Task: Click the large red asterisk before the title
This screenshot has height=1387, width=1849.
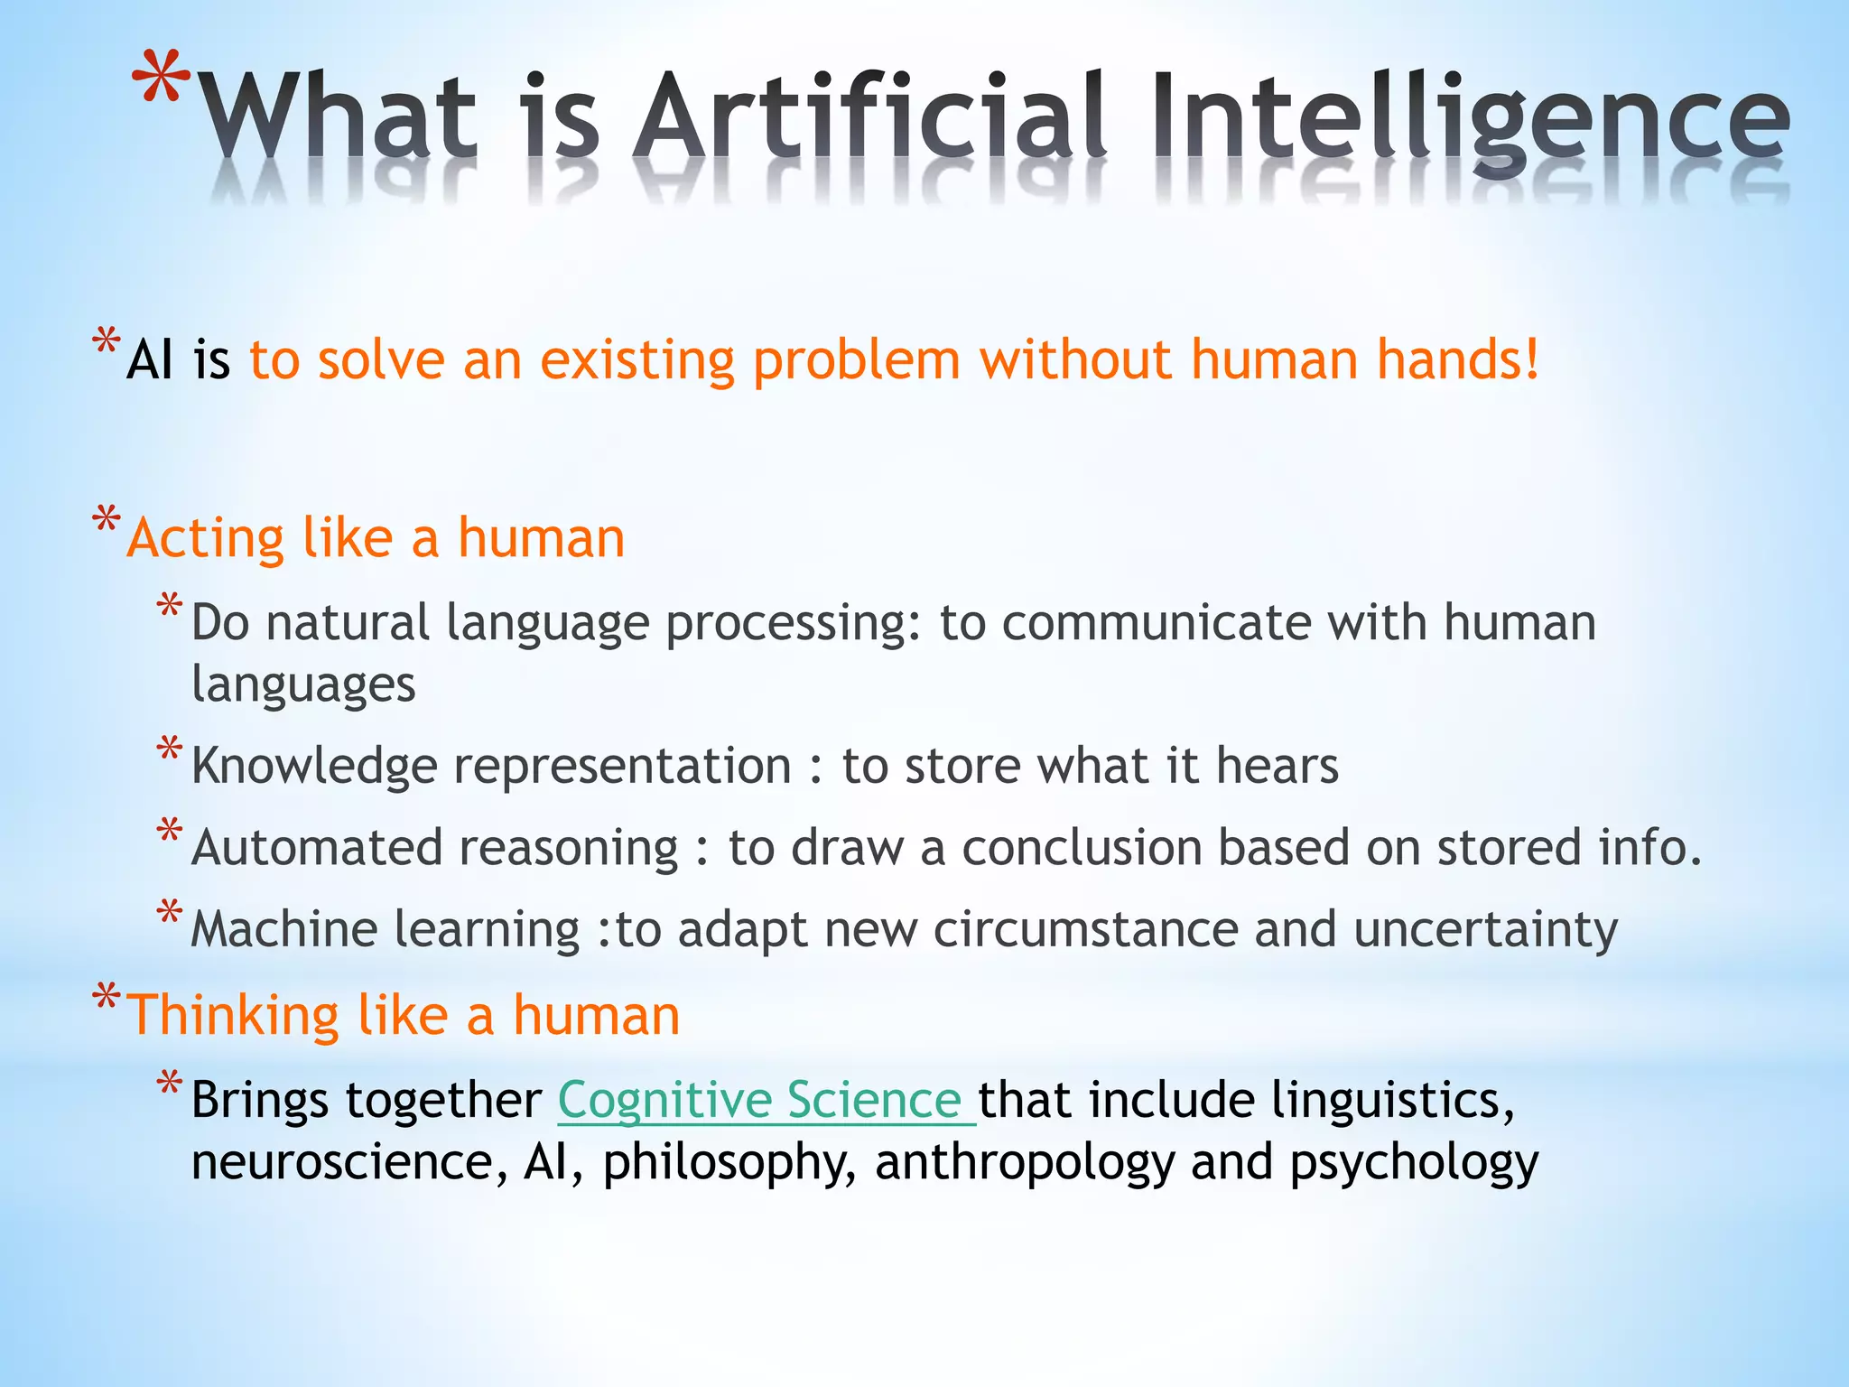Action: click(x=161, y=81)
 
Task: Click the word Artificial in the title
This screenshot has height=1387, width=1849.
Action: click(x=869, y=117)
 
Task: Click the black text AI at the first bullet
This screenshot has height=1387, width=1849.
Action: click(x=150, y=360)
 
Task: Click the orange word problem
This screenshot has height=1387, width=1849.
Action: click(x=857, y=360)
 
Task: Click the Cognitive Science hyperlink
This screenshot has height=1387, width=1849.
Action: click(x=766, y=1100)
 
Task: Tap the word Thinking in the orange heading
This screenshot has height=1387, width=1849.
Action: click(x=233, y=1016)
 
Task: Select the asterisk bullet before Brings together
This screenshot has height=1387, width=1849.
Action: click(x=170, y=1083)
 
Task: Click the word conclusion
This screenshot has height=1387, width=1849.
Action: click(x=1081, y=848)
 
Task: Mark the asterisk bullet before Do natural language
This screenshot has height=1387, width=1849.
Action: click(x=170, y=605)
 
